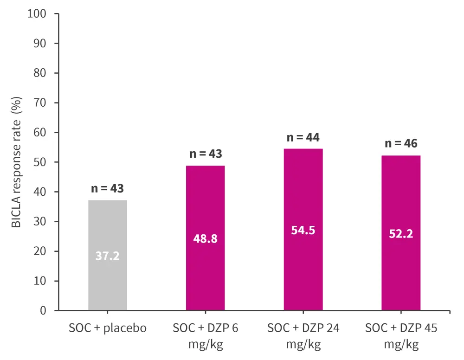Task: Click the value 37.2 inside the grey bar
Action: click(x=108, y=256)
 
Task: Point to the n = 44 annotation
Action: click(x=303, y=137)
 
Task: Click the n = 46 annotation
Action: click(x=401, y=144)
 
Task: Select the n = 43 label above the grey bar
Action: click(x=108, y=189)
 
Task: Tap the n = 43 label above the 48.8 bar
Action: click(x=205, y=154)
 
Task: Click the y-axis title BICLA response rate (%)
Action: click(x=17, y=162)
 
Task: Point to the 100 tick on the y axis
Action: click(x=37, y=13)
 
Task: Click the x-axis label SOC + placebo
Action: click(x=108, y=328)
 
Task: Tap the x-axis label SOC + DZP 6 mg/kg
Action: click(x=205, y=336)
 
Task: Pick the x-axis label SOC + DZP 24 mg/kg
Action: click(x=303, y=336)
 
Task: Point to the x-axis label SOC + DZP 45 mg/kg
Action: click(x=401, y=336)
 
